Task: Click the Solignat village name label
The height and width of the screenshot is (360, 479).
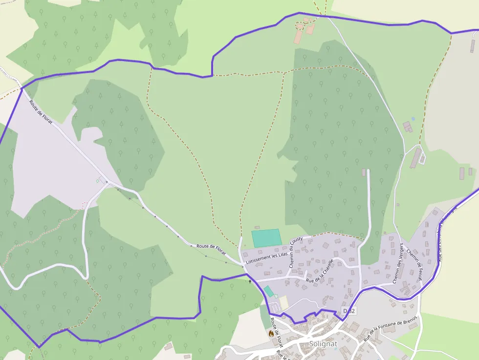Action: click(323, 344)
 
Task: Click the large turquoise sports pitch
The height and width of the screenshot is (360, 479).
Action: click(266, 238)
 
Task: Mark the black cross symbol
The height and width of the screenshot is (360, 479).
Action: click(250, 281)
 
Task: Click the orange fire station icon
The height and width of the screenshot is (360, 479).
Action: click(271, 334)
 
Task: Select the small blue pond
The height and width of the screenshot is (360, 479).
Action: click(413, 119)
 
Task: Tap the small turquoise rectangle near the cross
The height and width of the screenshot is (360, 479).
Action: click(268, 292)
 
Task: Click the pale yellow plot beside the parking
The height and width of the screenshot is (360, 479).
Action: click(284, 302)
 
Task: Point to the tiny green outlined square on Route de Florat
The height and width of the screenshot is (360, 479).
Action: click(97, 181)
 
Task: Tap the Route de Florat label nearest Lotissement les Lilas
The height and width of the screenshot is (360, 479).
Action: click(211, 249)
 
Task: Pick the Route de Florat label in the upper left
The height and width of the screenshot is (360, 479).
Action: click(41, 111)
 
